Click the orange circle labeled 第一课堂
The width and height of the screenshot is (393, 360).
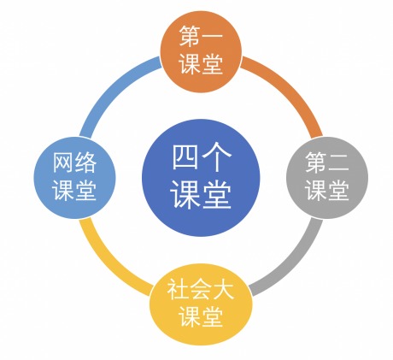pos(201,51)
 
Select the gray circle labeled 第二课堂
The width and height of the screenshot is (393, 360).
pos(327,178)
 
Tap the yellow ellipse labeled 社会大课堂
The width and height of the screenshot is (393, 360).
pos(201,304)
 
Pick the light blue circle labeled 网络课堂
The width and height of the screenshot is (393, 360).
pos(74,178)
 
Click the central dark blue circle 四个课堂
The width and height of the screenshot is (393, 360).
pos(201,178)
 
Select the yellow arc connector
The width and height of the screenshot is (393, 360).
pos(109,263)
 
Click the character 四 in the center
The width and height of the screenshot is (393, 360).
pos(185,157)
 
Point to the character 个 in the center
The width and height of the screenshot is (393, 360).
pos(216,156)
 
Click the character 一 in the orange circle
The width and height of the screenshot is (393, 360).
pos(212,36)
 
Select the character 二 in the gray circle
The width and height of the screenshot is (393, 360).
pos(338,162)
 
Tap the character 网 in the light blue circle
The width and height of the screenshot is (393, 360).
pos(63,162)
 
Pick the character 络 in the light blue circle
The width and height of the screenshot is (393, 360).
pos(85,162)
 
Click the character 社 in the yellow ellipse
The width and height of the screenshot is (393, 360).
pos(178,289)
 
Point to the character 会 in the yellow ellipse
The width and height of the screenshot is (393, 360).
pos(201,289)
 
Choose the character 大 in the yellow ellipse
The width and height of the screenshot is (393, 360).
pos(223,289)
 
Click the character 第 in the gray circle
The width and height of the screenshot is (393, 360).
pos(316,162)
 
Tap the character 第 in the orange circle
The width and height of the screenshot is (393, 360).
pos(190,36)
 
